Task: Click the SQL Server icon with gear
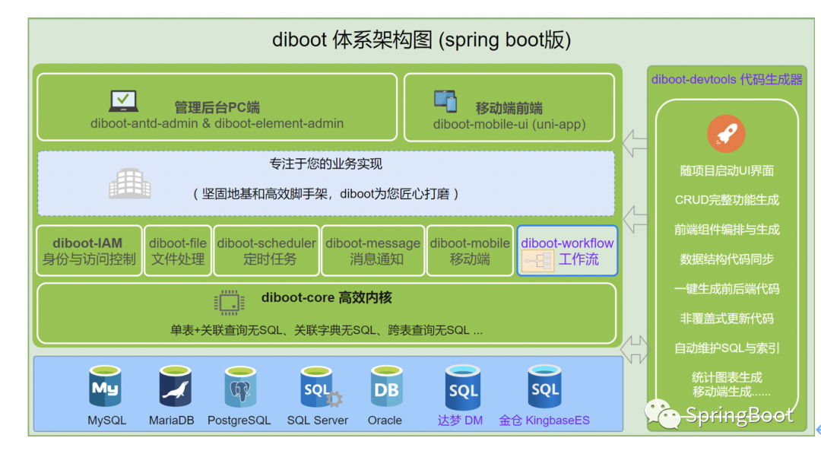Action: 319,388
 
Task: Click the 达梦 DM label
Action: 460,421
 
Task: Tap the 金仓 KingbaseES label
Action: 544,421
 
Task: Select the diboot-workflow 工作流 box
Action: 567,251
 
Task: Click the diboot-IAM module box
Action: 89,251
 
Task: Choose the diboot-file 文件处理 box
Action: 178,251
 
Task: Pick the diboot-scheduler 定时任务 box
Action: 266,251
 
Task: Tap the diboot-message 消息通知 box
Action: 372,251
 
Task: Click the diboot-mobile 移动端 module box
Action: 470,251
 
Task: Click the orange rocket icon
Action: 726,135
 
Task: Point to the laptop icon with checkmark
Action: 123,101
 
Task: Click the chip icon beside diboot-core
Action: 230,302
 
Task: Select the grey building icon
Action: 129,183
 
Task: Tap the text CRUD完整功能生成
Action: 727,200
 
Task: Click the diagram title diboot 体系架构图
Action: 421,40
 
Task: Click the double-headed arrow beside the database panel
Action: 636,350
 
